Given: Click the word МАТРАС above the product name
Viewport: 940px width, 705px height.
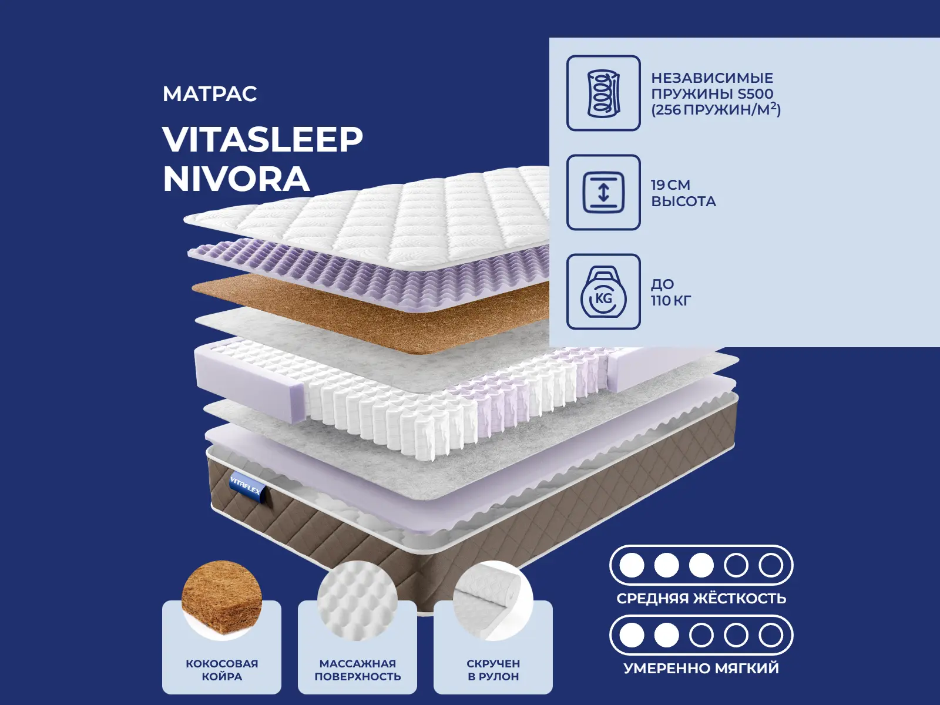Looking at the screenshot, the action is click(210, 94).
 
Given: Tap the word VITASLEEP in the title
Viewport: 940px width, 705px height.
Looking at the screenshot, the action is click(263, 140).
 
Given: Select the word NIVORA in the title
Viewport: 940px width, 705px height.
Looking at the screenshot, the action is click(236, 179).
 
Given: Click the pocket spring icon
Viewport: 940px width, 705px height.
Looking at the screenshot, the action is click(603, 93).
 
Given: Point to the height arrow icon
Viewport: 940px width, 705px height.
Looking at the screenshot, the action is click(603, 192).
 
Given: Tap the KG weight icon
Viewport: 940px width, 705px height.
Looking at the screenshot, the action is click(603, 291).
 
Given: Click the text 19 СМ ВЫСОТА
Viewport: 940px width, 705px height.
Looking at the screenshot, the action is click(683, 193).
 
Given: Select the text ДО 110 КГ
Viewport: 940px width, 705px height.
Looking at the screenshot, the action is click(671, 293).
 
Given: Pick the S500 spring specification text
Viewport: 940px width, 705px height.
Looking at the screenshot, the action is click(716, 94).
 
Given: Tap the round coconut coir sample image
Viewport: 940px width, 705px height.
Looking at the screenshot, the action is click(222, 600).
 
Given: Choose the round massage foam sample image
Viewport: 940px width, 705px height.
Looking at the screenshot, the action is click(358, 600).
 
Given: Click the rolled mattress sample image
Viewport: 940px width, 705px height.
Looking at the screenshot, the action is click(493, 600).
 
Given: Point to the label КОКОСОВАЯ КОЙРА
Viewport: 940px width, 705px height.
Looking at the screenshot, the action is click(222, 670).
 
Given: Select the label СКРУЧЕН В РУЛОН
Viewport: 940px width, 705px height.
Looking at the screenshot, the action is click(493, 670).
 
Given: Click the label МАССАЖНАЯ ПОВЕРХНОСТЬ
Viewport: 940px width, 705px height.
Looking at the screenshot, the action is click(358, 670).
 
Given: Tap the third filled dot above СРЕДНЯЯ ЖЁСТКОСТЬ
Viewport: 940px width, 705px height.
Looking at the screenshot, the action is click(701, 565).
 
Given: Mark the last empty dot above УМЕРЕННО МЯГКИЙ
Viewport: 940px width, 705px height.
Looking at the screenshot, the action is click(771, 635).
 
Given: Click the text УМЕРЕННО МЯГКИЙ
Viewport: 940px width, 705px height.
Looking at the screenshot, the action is click(701, 668).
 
